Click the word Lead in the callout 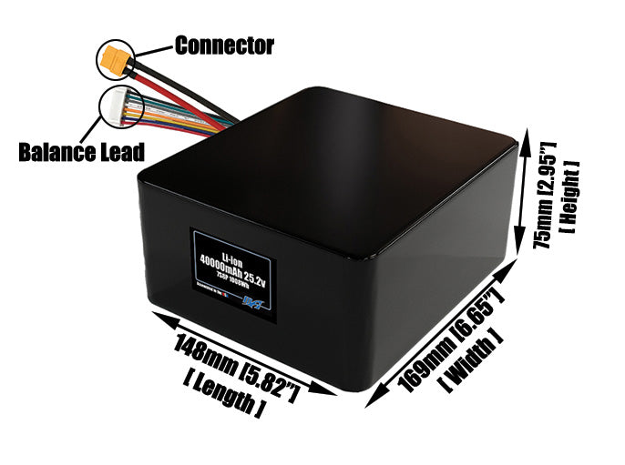(x=121, y=150)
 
